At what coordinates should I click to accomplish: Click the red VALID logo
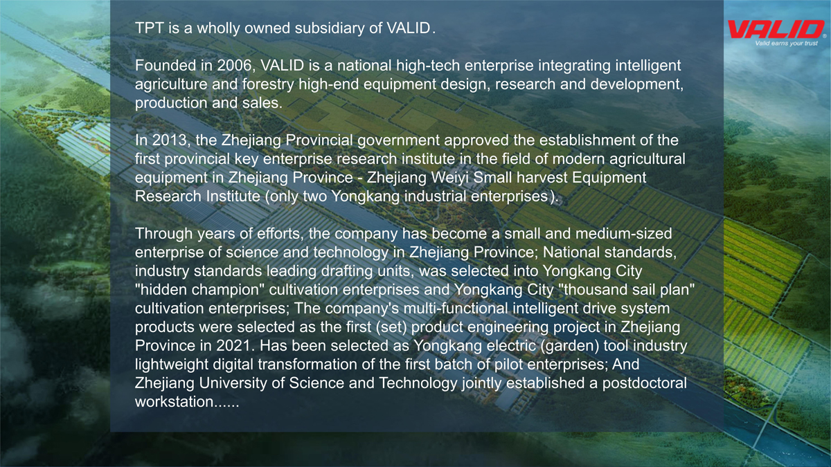pos(776,29)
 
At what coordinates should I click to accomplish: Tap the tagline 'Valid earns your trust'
pos(787,44)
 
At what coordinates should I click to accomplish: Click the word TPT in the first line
pos(149,28)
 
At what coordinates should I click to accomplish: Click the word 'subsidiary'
pos(330,28)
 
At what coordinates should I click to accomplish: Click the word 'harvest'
pos(542,178)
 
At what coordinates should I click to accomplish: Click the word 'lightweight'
pos(172,365)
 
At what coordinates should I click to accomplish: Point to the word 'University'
pos(233,383)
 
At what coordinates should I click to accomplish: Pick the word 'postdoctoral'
pos(645,383)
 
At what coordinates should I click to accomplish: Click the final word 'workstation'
pos(175,402)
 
